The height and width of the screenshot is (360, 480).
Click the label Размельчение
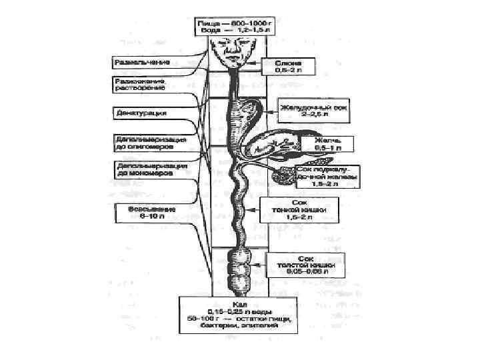(143, 62)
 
